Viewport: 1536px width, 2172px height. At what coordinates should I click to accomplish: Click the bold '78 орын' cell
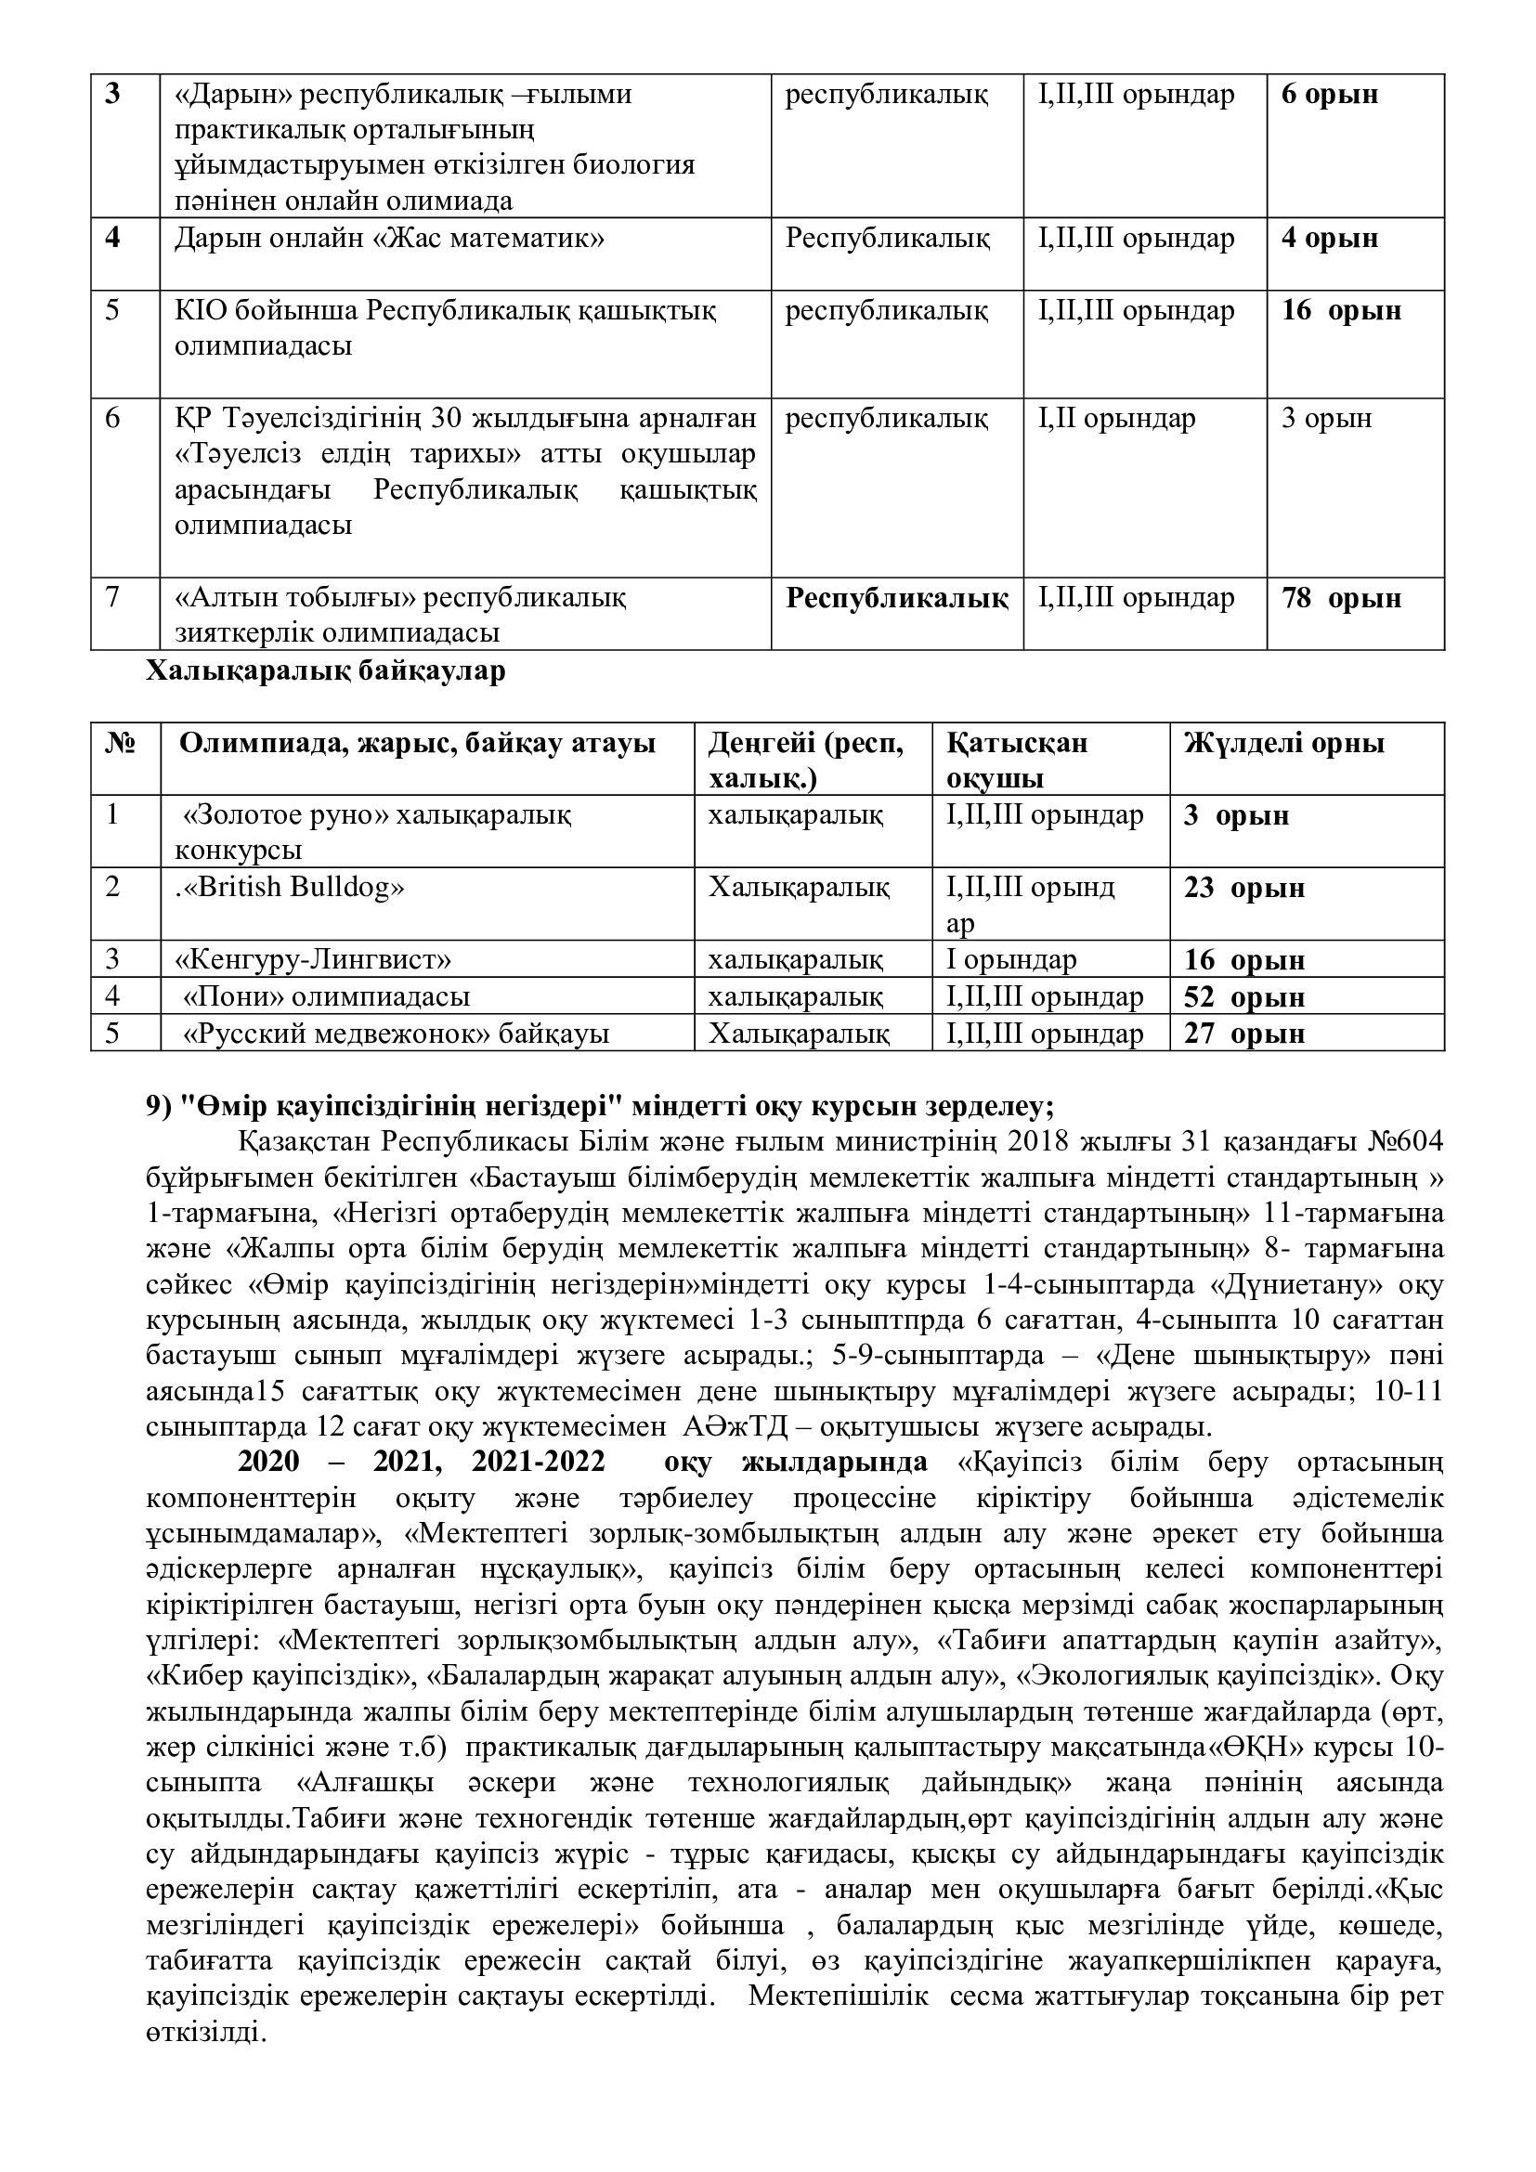[x=1340, y=599]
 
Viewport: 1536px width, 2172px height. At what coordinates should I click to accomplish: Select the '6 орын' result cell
[x=1329, y=95]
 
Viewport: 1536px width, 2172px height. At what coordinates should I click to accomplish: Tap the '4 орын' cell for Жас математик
[x=1329, y=239]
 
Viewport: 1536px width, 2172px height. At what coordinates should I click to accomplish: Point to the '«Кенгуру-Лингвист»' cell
[x=313, y=960]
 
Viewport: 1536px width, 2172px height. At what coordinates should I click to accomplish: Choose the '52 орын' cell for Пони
[x=1243, y=997]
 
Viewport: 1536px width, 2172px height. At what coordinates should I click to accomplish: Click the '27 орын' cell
[x=1243, y=1033]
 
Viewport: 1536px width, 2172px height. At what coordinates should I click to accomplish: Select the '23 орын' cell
[x=1243, y=889]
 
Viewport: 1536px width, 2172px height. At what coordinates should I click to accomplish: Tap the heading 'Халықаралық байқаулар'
[x=325, y=671]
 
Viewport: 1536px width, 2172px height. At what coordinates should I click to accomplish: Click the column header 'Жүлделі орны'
[x=1283, y=744]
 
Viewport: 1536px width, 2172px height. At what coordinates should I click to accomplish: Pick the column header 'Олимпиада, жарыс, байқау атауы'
[x=417, y=744]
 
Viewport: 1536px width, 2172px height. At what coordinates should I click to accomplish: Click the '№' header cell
[x=120, y=744]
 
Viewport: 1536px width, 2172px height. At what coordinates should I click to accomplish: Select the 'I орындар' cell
[x=1010, y=960]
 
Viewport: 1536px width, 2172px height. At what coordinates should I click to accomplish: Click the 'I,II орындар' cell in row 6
[x=1116, y=418]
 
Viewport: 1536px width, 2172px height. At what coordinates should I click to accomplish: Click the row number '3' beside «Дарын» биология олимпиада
[x=112, y=95]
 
